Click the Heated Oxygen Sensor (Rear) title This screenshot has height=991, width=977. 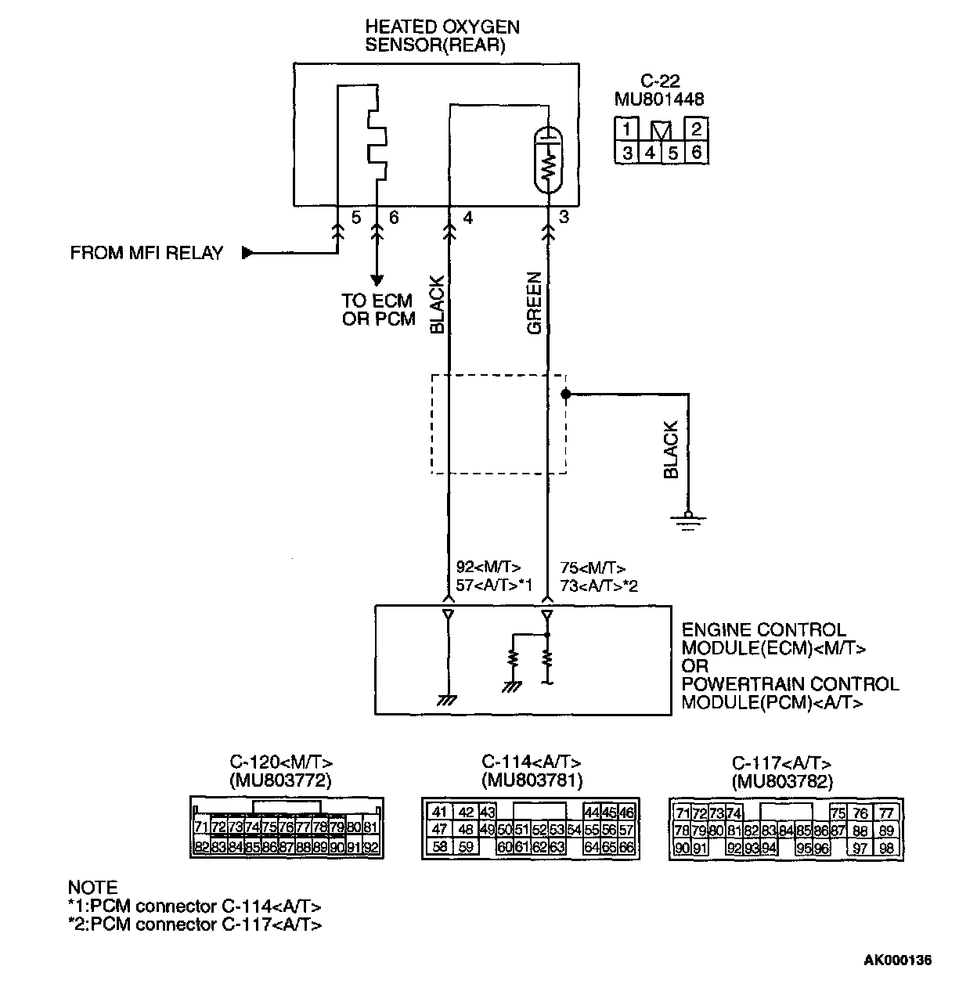[x=442, y=36]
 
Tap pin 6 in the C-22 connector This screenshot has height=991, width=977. [x=696, y=152]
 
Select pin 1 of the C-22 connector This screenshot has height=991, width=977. [x=628, y=129]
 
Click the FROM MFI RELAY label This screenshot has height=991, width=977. [x=146, y=253]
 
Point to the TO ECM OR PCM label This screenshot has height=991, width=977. [x=378, y=310]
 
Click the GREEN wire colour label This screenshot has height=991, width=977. [x=535, y=304]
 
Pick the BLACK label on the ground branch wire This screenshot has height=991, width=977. [x=671, y=450]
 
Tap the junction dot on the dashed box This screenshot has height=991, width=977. [x=564, y=395]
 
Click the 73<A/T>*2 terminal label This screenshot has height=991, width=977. [x=598, y=586]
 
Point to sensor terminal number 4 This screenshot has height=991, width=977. [x=468, y=218]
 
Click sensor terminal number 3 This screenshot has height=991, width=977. [x=564, y=218]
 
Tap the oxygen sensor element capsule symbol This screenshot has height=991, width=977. [x=548, y=160]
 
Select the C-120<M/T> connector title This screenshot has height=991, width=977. [x=281, y=762]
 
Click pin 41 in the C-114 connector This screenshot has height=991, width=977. [x=440, y=813]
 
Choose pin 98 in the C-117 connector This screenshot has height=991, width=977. [x=886, y=849]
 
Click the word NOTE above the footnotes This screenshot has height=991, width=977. [x=92, y=888]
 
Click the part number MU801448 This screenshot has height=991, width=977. [x=659, y=99]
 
